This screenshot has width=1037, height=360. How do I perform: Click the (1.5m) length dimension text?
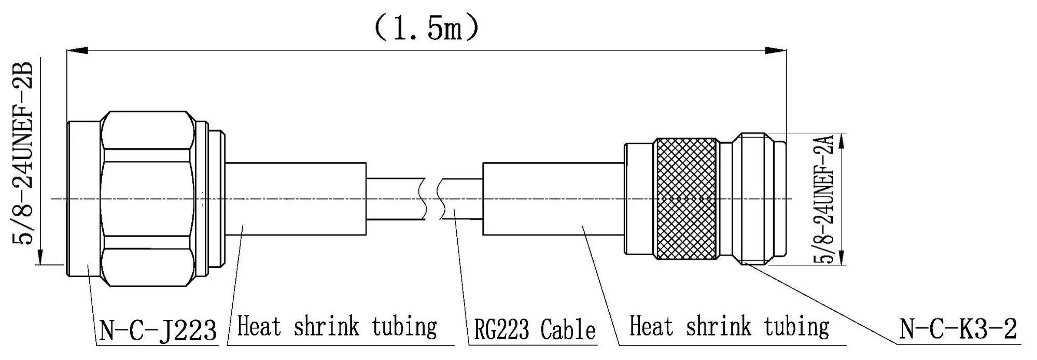tap(426, 29)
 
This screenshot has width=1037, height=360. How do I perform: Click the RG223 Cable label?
tap(535, 330)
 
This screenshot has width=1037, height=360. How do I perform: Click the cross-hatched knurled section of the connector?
tap(687, 199)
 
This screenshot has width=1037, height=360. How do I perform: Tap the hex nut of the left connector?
tap(148, 199)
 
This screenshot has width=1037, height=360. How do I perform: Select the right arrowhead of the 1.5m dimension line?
tap(776, 51)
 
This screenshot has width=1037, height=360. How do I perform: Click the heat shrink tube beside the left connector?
tap(296, 199)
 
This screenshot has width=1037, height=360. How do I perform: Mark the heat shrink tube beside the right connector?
tap(553, 199)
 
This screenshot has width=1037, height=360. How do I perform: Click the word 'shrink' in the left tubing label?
tap(326, 327)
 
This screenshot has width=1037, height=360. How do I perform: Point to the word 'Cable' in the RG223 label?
tap(568, 330)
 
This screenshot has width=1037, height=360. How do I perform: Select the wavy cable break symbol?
tap(432, 199)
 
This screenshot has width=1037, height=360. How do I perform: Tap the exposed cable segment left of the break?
tap(395, 199)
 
